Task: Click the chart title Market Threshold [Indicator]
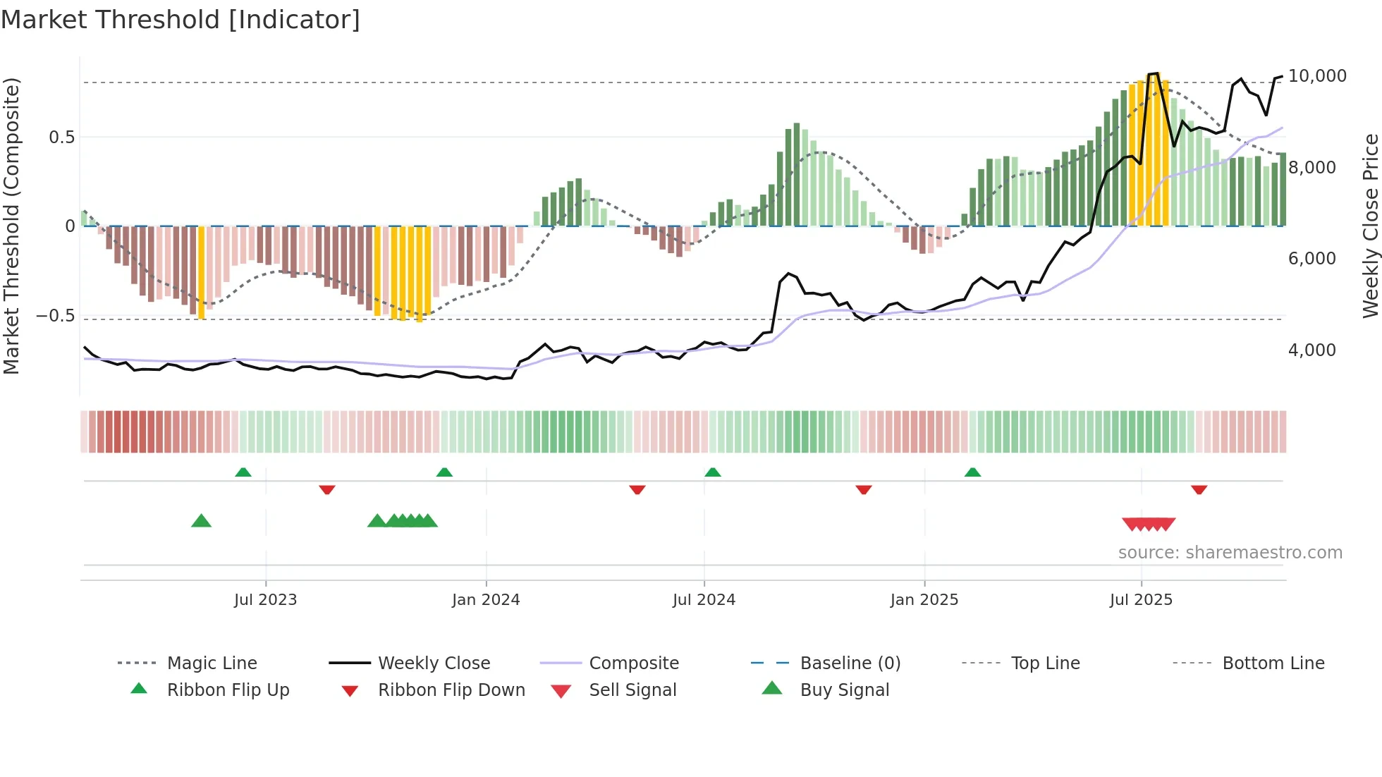pos(181,20)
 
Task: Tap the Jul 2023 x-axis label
pos(265,600)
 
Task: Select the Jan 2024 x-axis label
pos(486,600)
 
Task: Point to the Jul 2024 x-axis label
pos(704,600)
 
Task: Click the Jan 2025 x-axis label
pos(924,600)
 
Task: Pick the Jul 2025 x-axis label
pos(1141,600)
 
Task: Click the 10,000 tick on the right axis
pos(1317,76)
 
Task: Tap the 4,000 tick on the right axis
pos(1311,350)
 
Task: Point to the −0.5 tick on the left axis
pos(56,316)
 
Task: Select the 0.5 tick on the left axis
pos(61,137)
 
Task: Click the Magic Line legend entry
pos(212,663)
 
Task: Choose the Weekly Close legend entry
pos(434,663)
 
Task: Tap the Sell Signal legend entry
pos(632,690)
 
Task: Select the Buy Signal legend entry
pos(844,690)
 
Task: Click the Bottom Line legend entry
pos(1273,663)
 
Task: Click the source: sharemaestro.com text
pos(1230,553)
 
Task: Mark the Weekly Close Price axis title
pos(1370,226)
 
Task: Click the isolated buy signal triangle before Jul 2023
pos(201,521)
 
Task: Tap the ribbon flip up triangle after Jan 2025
pos(972,472)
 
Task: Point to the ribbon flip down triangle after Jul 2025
pos(1199,489)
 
